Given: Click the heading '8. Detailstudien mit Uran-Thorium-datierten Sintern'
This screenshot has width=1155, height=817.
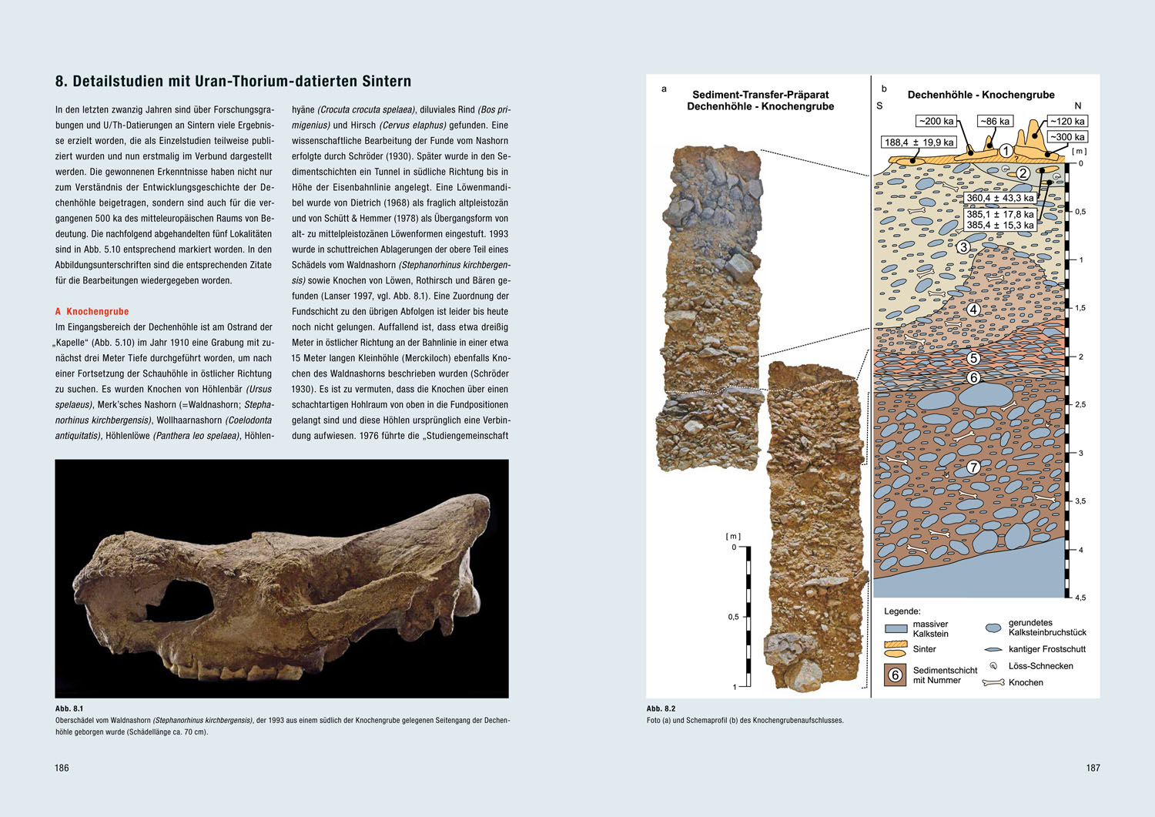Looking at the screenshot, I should click(x=233, y=82).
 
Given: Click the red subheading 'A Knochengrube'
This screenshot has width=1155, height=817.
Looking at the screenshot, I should click(x=92, y=312).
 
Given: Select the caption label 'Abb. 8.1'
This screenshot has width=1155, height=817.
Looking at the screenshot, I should click(x=69, y=708).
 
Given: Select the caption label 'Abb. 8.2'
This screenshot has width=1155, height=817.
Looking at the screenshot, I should click(x=661, y=708).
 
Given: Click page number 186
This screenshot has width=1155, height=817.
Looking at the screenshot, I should click(x=62, y=768).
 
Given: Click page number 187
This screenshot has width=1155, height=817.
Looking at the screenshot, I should click(x=1093, y=768).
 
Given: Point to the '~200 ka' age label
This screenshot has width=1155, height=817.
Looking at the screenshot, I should click(x=936, y=121).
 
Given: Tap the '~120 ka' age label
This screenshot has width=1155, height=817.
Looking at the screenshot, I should click(x=1066, y=121).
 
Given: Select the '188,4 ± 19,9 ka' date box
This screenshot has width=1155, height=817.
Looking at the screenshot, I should click(x=919, y=142).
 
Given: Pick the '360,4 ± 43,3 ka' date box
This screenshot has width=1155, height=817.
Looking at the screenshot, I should click(x=999, y=198).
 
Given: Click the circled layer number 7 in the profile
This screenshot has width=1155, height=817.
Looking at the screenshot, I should click(x=973, y=467).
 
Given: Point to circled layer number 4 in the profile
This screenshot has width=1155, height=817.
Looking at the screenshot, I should click(x=973, y=310).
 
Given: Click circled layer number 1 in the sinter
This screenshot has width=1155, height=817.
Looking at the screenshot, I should click(x=1006, y=151).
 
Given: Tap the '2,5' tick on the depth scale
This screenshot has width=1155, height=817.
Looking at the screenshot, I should click(x=1080, y=404).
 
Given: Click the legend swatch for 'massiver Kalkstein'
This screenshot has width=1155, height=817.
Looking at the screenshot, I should click(x=896, y=628).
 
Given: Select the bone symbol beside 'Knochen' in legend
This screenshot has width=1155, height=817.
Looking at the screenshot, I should click(x=993, y=682).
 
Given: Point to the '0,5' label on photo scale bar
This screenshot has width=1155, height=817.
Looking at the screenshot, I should click(x=733, y=617).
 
